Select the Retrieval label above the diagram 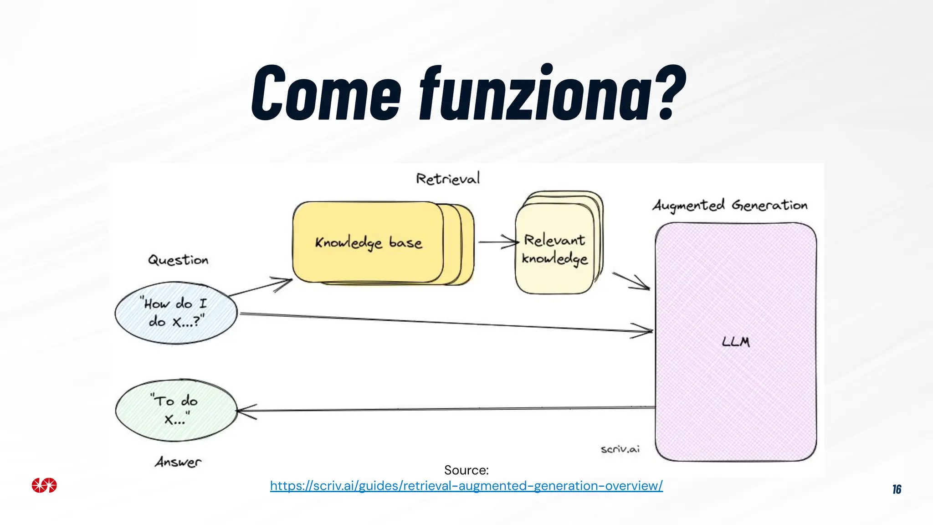point(448,179)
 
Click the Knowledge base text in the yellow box point(368,243)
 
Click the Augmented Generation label point(730,206)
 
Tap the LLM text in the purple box point(736,342)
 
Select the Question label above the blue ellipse point(178,260)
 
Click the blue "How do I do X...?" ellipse point(176,313)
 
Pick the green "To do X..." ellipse point(176,410)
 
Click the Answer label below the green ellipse point(178,462)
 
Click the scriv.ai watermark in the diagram point(620,449)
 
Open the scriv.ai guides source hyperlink point(466,486)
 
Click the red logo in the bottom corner point(44,485)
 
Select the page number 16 point(897,489)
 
